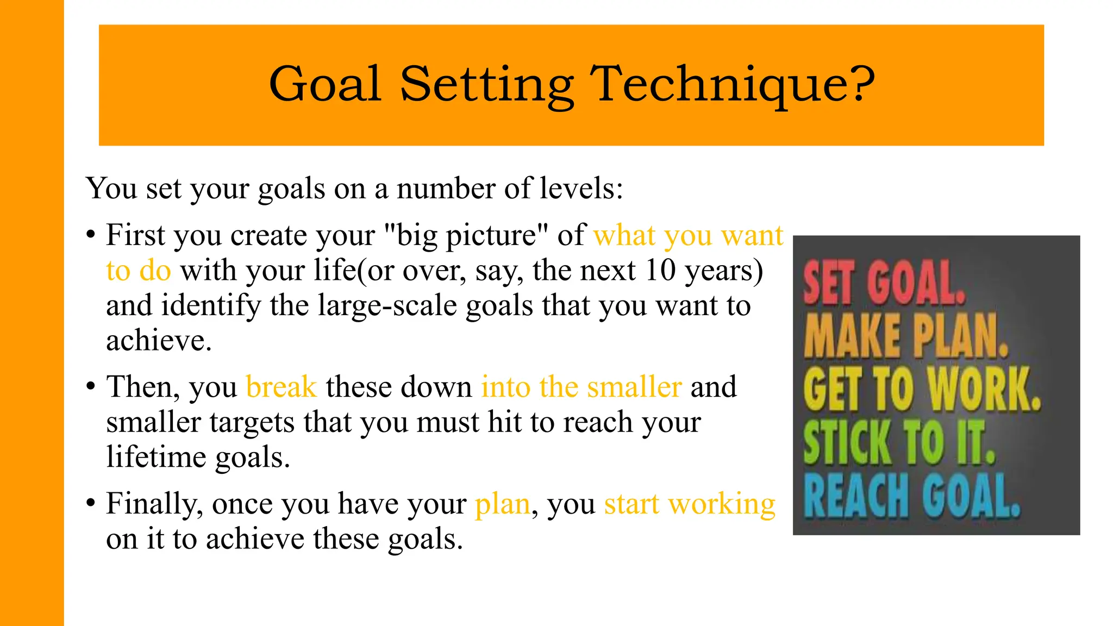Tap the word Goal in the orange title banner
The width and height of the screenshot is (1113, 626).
click(x=325, y=84)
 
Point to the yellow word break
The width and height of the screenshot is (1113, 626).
click(x=281, y=387)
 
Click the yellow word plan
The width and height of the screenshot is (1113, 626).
click(x=502, y=504)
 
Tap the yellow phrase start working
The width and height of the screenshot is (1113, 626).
click(x=690, y=504)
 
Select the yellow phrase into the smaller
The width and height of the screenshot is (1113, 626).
click(x=581, y=387)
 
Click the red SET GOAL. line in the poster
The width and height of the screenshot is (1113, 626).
click(x=884, y=283)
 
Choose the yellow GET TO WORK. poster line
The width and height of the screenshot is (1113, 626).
click(x=922, y=389)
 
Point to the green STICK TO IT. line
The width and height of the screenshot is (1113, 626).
click(x=899, y=442)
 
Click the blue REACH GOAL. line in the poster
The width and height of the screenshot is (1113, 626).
click(x=911, y=495)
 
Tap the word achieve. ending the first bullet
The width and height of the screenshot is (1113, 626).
click(x=159, y=341)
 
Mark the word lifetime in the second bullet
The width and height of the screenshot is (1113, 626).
click(x=157, y=457)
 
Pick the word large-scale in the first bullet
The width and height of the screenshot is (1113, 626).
click(x=387, y=305)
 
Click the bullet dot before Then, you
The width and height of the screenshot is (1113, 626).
click(x=91, y=387)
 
